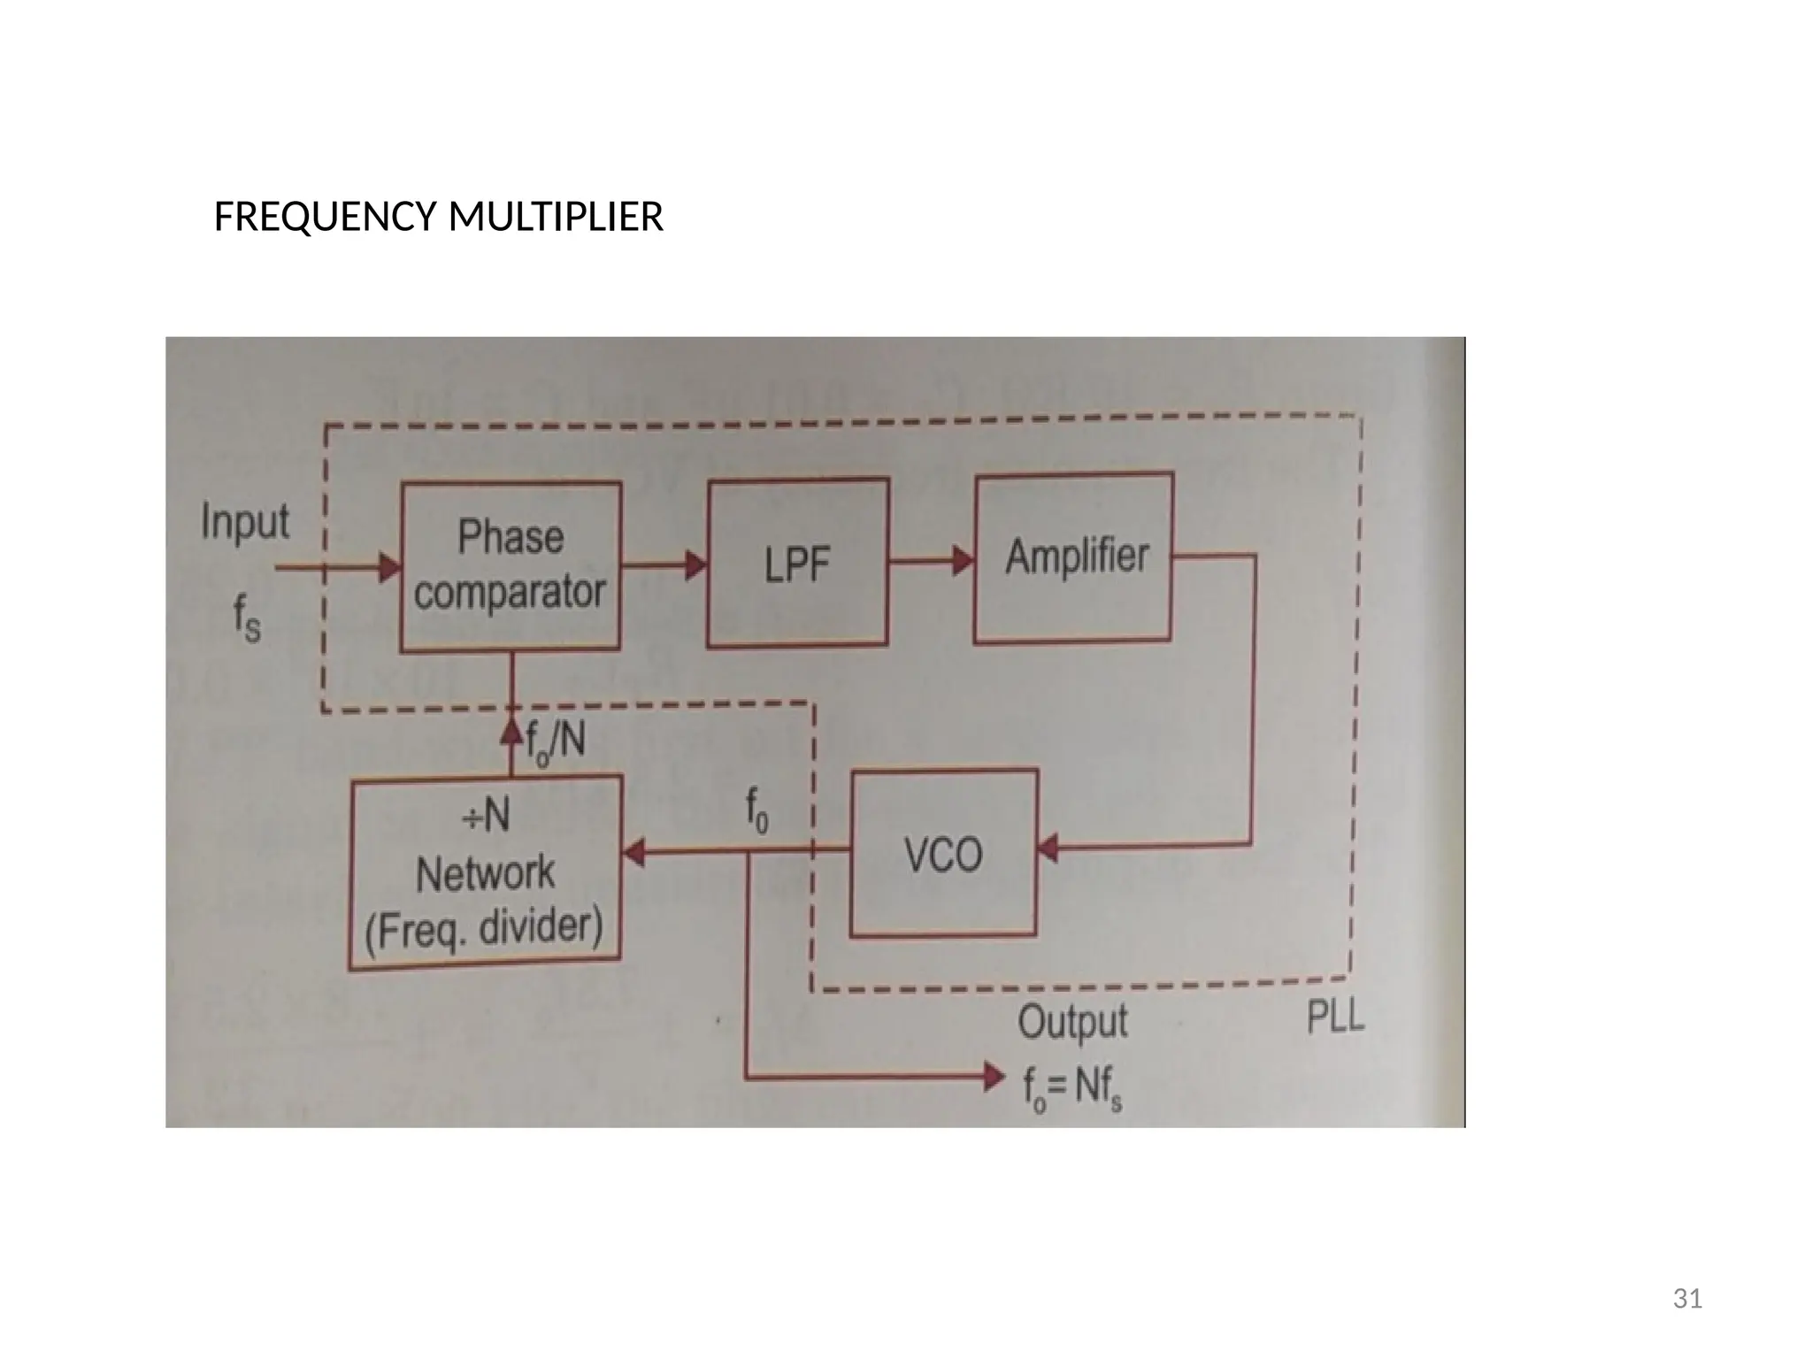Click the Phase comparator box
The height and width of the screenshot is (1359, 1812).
(x=511, y=566)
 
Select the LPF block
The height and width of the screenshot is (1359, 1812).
(x=798, y=564)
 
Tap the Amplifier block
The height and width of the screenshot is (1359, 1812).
(x=1074, y=557)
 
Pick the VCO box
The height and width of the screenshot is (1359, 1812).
(x=943, y=854)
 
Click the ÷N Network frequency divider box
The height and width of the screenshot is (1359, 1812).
(x=486, y=872)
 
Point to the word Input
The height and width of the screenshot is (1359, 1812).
(x=245, y=521)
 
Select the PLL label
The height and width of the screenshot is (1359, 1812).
(x=1336, y=1018)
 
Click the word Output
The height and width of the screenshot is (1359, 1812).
(x=1072, y=1022)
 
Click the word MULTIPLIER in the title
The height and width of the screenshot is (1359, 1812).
(x=556, y=217)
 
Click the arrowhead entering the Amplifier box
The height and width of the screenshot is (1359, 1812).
(x=964, y=560)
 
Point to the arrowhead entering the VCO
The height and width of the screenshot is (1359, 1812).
(x=1048, y=847)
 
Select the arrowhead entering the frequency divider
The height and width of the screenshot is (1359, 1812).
(x=633, y=853)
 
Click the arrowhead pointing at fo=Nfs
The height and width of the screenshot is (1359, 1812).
(x=994, y=1077)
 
